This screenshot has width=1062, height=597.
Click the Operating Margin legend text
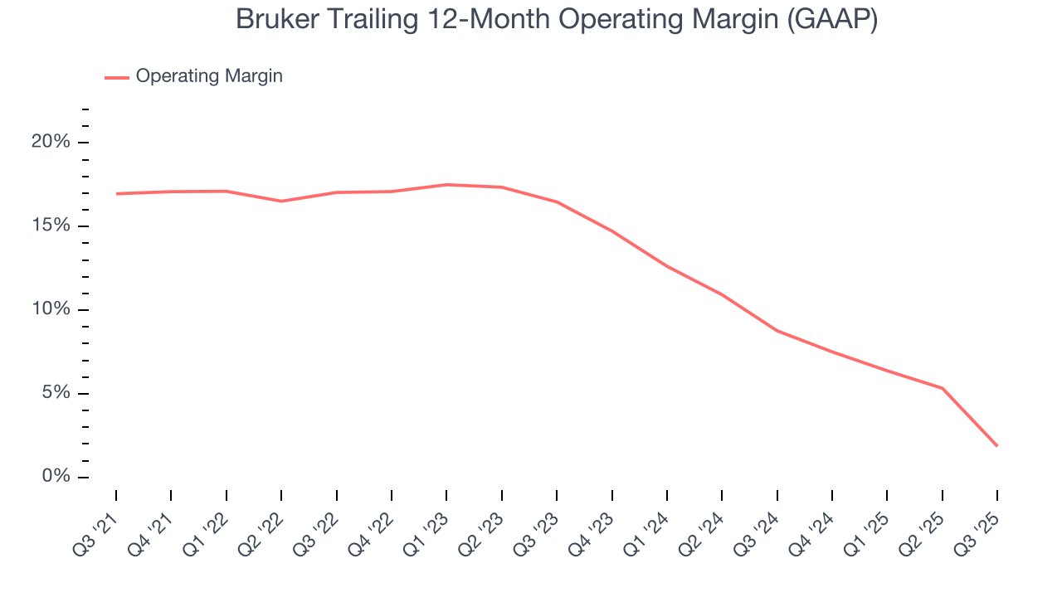point(209,76)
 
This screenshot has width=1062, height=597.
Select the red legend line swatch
point(117,77)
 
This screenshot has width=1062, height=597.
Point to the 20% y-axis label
point(51,143)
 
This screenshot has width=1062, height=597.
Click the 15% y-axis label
point(51,226)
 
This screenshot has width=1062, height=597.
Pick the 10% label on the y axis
point(51,310)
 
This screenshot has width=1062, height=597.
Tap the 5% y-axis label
point(56,394)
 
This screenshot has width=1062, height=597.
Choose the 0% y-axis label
point(56,478)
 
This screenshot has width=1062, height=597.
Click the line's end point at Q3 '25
point(997,446)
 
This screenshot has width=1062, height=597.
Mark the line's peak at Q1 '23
point(446,185)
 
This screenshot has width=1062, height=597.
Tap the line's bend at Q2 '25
point(943,388)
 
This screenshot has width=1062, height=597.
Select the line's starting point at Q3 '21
point(116,194)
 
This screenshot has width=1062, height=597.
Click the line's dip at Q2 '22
point(281,201)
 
